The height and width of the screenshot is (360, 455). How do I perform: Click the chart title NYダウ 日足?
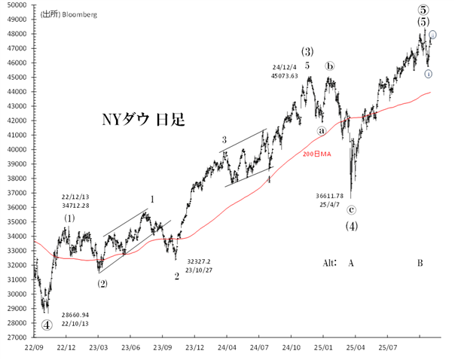tap(140, 119)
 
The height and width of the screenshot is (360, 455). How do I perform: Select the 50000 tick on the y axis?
tap(14, 5)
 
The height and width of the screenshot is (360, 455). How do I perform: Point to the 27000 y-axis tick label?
tap(14, 337)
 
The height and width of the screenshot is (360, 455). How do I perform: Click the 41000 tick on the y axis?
tap(14, 136)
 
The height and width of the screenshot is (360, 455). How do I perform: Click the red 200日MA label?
tap(316, 154)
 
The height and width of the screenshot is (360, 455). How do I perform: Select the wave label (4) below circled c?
tap(351, 225)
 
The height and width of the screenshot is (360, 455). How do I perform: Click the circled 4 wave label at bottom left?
tap(47, 325)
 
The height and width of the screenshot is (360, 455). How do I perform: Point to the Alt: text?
tap(329, 263)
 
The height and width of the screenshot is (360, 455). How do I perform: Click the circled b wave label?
tap(330, 66)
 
